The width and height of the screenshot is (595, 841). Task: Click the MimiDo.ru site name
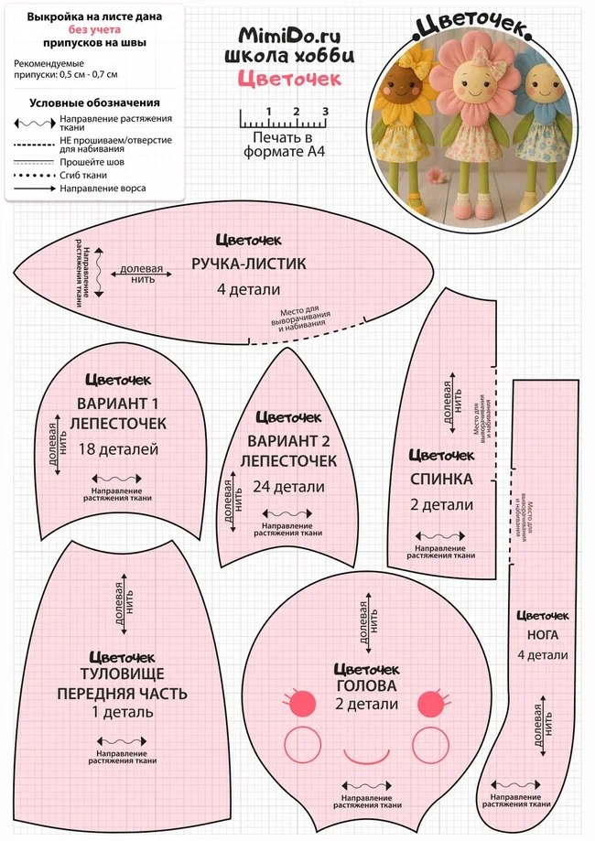[288, 35]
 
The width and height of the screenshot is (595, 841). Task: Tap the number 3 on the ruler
[325, 112]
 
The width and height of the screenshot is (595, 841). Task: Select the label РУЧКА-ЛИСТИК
[248, 264]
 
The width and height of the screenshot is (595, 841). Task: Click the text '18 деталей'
[119, 448]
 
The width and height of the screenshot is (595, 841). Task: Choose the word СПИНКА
[441, 479]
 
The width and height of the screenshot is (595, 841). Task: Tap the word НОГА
[544, 634]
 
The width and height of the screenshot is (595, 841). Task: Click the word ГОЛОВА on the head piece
[365, 685]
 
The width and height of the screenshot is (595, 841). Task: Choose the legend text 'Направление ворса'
[103, 189]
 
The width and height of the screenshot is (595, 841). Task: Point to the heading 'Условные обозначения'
[95, 102]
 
